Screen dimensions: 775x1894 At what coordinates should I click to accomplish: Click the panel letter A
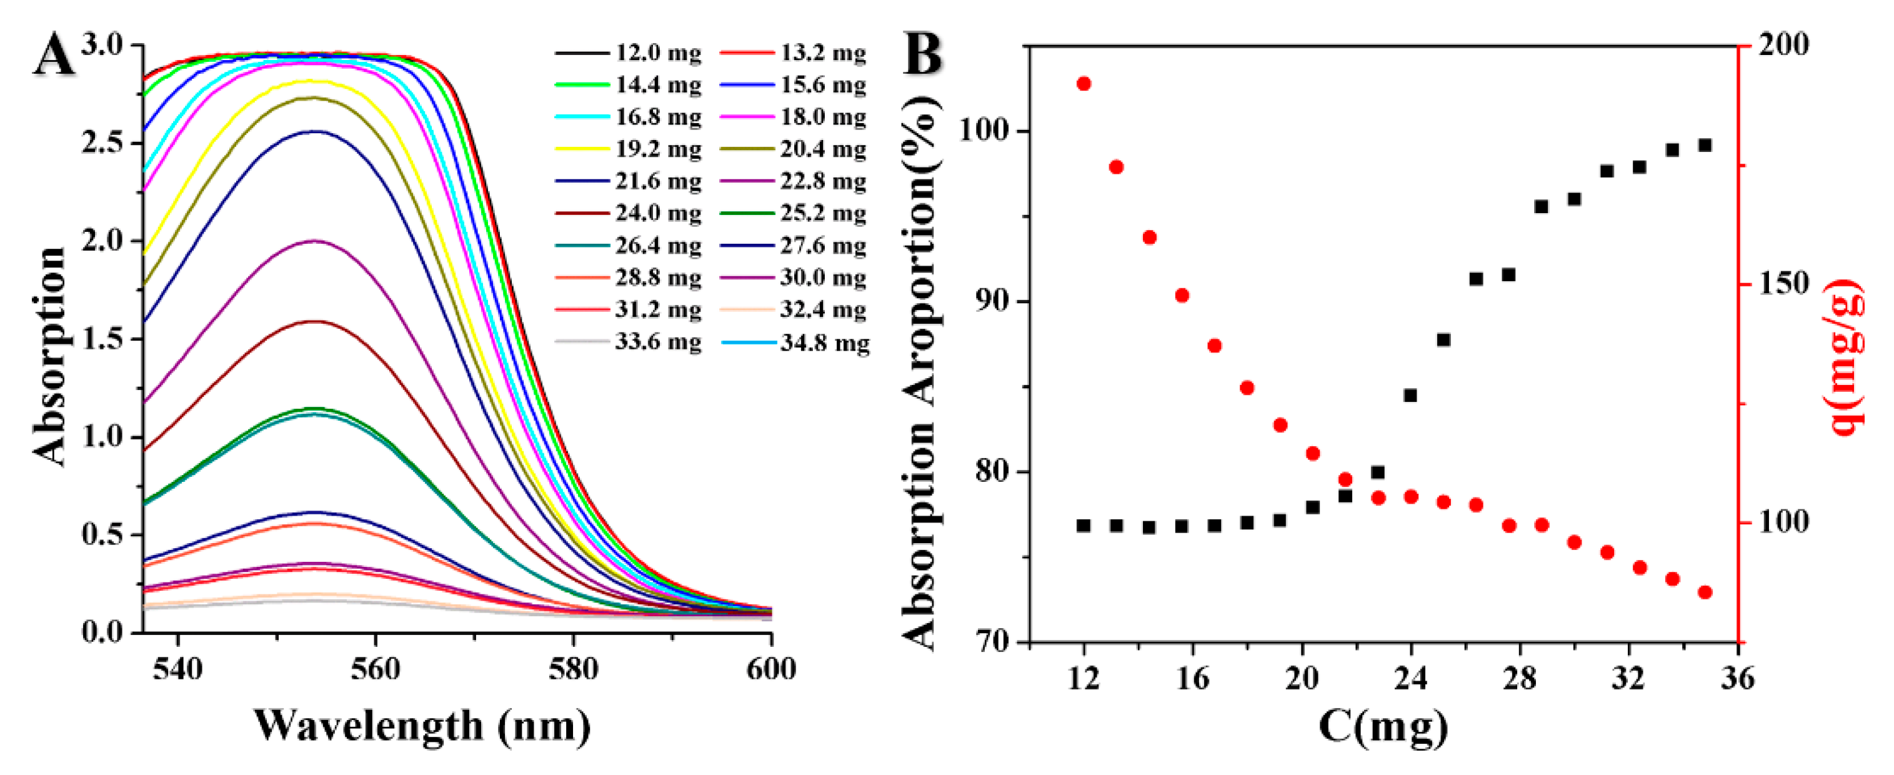click(x=54, y=57)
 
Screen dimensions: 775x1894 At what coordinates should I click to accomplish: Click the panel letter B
click(x=924, y=55)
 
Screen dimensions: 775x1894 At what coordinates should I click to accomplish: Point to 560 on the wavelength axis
click(x=376, y=669)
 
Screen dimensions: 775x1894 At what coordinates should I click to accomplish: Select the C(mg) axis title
click(x=1383, y=726)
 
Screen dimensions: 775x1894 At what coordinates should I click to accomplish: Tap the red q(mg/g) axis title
click(x=1845, y=358)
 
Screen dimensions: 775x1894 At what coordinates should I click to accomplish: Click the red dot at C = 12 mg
click(x=1083, y=84)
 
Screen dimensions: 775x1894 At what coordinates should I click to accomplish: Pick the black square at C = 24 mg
click(x=1410, y=396)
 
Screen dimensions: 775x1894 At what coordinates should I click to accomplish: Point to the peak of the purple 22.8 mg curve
click(x=316, y=241)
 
